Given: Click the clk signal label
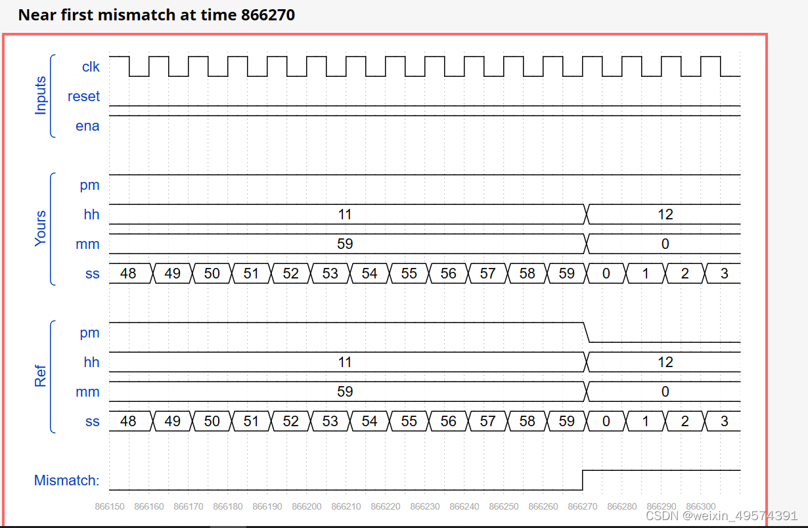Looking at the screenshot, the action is pos(91,66).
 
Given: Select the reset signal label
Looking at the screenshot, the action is pos(83,97).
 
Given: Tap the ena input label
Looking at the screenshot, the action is pos(87,126).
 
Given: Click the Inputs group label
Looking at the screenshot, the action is pos(41,96).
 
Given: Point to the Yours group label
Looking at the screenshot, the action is pos(41,229).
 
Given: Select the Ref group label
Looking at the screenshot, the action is pos(41,376).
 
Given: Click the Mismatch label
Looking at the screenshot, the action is pos(66,481).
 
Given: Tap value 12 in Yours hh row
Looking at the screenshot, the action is pos(665,215).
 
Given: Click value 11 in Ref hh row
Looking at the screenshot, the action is pos(344,363).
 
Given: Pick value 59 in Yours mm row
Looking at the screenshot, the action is pos(344,244).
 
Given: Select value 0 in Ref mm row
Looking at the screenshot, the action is pos(665,392).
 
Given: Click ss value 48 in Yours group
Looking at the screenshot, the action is pos(128,274).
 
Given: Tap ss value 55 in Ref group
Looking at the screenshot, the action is pos(409,422).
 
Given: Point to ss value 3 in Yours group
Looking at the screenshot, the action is pos(724,274).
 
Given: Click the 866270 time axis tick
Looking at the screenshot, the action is pos(582,507).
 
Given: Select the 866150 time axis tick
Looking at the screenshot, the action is pos(110,507).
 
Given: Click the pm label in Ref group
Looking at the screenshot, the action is pos(89,333).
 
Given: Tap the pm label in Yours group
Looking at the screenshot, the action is pos(89,185).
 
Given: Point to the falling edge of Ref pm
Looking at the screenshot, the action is pos(587,332).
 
